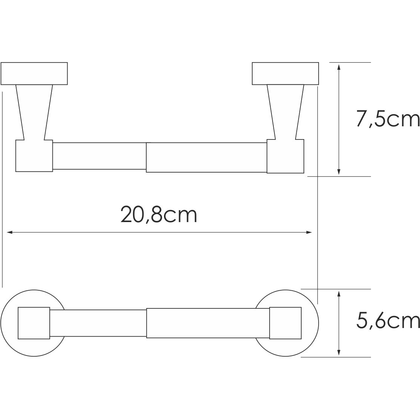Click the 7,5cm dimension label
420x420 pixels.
[x=388, y=120]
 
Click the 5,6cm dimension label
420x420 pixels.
[x=388, y=322]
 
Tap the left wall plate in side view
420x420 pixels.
[x=34, y=73]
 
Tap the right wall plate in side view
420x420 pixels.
[x=285, y=73]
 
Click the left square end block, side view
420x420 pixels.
[x=34, y=156]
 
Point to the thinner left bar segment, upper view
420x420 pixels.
[x=99, y=156]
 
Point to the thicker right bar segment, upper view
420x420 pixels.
[x=206, y=157]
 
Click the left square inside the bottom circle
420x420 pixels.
[x=34, y=323]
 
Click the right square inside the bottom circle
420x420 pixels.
[x=285, y=323]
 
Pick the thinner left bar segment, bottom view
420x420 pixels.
[x=98, y=323]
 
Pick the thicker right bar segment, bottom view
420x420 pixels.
[x=207, y=323]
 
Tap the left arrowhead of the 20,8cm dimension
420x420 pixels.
[x=9, y=233]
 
